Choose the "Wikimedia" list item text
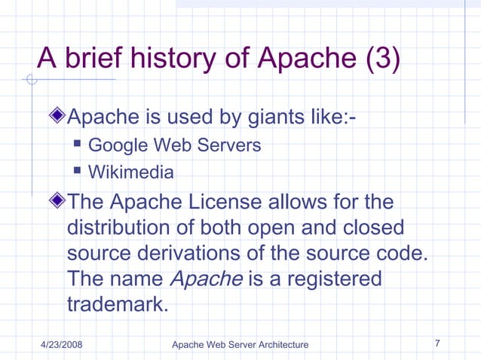[131, 172]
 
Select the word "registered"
[333, 279]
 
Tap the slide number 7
[438, 343]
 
